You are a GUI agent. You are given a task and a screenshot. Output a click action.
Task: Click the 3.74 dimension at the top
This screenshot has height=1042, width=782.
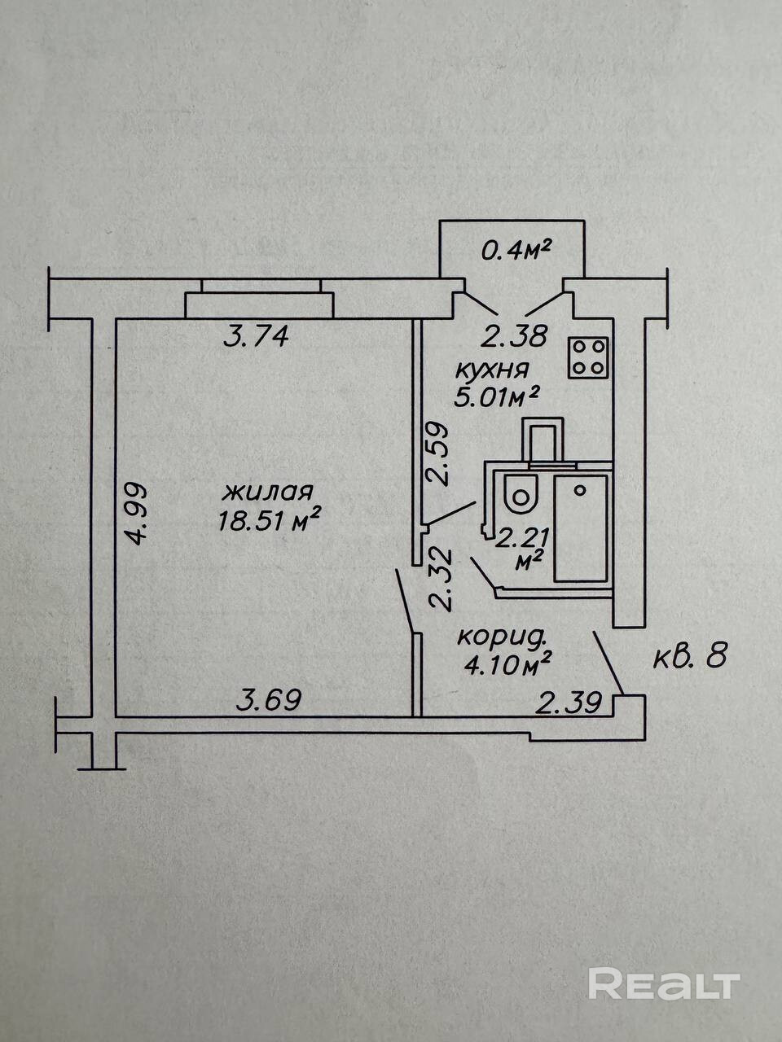pos(256,335)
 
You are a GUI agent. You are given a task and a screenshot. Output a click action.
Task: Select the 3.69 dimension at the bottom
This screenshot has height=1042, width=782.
pos(270,699)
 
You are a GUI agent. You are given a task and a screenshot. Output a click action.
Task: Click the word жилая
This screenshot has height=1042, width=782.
pos(268,493)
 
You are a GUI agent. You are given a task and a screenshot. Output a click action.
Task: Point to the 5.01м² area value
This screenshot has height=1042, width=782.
pos(497,396)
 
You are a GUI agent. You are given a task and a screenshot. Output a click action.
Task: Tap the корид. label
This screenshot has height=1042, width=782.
pos(499,637)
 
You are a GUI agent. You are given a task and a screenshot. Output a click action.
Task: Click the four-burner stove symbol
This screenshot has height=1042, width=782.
pos(589,357)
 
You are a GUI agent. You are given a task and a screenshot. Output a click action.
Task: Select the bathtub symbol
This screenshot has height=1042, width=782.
pos(581,529)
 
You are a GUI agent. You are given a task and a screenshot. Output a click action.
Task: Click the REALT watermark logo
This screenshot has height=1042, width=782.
pos(663,984)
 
